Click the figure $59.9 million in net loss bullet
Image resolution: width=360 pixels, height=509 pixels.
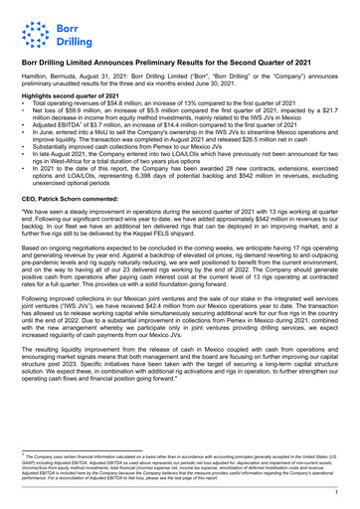78,110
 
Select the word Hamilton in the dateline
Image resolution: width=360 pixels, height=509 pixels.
37,76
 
